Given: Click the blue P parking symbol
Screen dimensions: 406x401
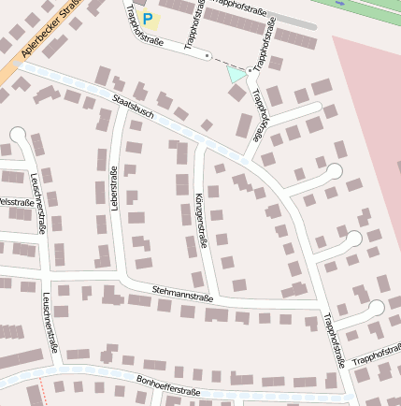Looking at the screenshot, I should (x=147, y=18).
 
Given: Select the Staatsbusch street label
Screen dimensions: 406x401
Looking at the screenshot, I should (x=132, y=108).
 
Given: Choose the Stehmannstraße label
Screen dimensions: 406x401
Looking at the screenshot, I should (x=183, y=297).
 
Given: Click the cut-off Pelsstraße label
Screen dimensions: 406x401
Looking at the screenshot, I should (x=16, y=201).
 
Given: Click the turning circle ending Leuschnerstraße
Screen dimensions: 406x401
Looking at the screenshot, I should (x=18, y=136).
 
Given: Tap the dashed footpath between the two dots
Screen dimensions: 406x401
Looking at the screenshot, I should (x=229, y=63).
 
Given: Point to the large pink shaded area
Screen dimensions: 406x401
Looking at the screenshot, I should (x=365, y=112).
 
